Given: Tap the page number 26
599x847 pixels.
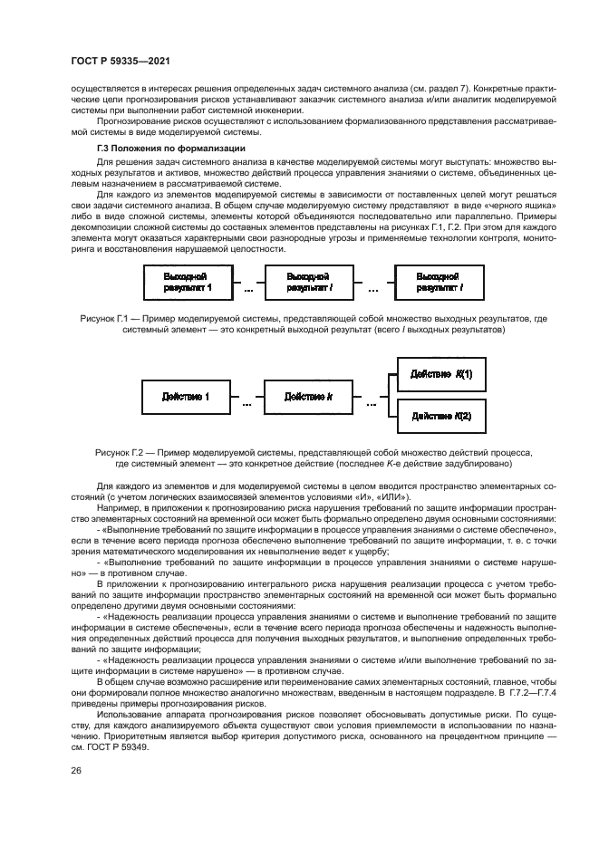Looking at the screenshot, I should pos(74,770).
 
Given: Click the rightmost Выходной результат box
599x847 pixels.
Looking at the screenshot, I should pos(439,282).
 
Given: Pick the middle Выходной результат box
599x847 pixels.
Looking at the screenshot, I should pos(307,282).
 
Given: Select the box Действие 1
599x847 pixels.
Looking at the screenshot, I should pos(185,397).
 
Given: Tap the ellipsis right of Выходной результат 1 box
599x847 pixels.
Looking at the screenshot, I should pos(246,290).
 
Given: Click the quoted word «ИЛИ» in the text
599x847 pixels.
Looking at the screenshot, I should pos(391,497).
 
